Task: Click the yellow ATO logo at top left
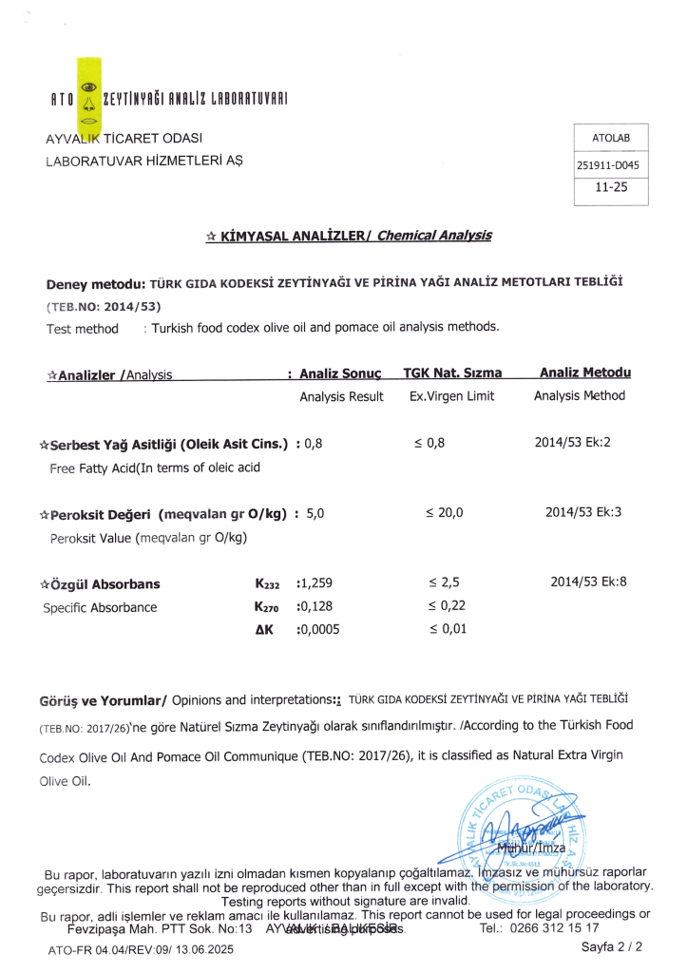[88, 95]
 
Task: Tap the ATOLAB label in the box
[610, 139]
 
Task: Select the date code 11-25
[608, 188]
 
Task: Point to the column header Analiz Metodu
[584, 372]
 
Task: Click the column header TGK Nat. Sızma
[453, 372]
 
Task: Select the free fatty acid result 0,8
[314, 443]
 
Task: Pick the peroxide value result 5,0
[315, 513]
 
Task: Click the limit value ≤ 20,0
[445, 513]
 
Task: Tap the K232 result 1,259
[315, 583]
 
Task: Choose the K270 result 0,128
[315, 606]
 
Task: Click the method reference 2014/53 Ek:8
[588, 582]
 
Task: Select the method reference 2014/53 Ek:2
[572, 443]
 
